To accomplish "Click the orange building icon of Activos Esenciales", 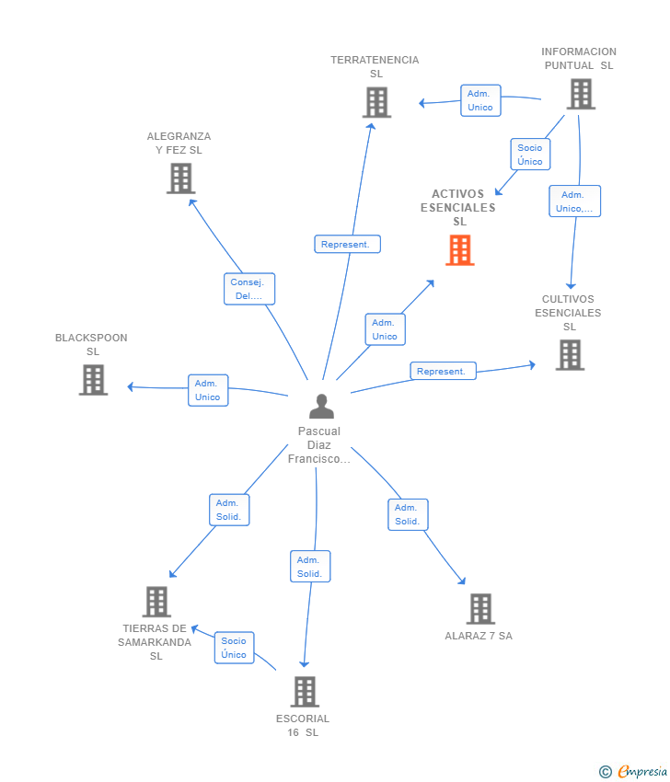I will click(460, 250).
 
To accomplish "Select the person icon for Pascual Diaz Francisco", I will click(321, 406).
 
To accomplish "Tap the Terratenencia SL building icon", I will click(376, 102).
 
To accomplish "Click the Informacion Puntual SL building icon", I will click(580, 94).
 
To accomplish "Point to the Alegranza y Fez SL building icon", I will click(180, 178).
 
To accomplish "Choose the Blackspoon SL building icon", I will click(93, 380).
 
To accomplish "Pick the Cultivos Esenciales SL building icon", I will click(570, 355).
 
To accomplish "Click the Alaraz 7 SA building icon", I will click(479, 609).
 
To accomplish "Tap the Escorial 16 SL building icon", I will click(305, 692).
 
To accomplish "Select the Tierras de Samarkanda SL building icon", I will click(156, 602).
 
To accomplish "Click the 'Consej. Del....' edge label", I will click(249, 289).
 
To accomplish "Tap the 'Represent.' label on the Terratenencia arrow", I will click(347, 244).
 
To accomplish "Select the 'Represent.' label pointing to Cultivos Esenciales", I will click(443, 371).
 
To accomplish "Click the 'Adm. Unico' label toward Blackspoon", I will click(208, 390).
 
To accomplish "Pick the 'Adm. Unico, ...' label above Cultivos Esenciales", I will click(575, 201).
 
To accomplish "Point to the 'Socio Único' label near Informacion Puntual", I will click(530, 155).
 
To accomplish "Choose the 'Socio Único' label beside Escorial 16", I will click(234, 648).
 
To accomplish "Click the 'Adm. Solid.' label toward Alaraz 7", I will click(407, 514).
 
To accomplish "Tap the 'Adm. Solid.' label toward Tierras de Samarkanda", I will click(228, 510).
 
